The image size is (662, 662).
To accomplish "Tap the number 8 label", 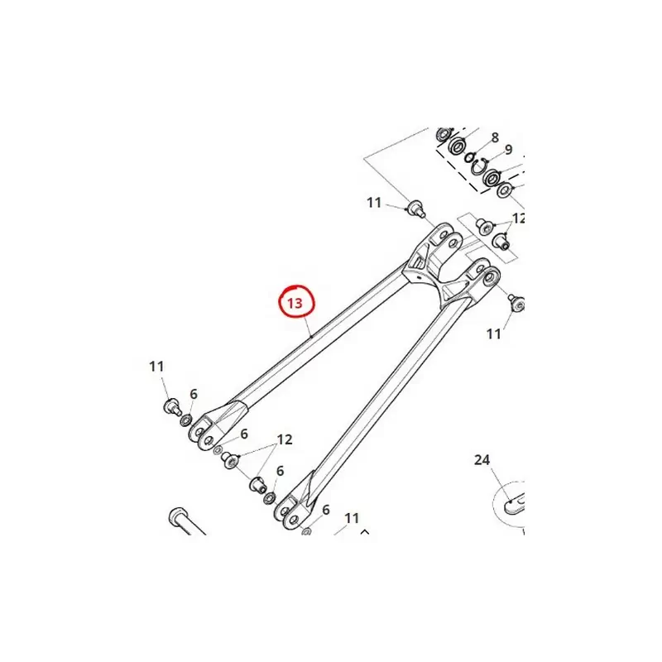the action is click(495, 137).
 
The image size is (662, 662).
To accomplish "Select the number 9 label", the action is click(508, 150).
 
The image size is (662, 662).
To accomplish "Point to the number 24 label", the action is click(482, 460).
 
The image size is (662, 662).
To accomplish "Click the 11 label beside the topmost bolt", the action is click(374, 203).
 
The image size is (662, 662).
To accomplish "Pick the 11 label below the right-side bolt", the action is click(493, 334).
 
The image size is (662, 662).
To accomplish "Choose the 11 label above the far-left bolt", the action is click(156, 366).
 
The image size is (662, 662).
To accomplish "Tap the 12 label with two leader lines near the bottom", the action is click(285, 439).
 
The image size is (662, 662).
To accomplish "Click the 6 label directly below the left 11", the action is click(194, 394).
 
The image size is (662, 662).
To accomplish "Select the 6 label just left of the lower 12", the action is click(244, 434).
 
